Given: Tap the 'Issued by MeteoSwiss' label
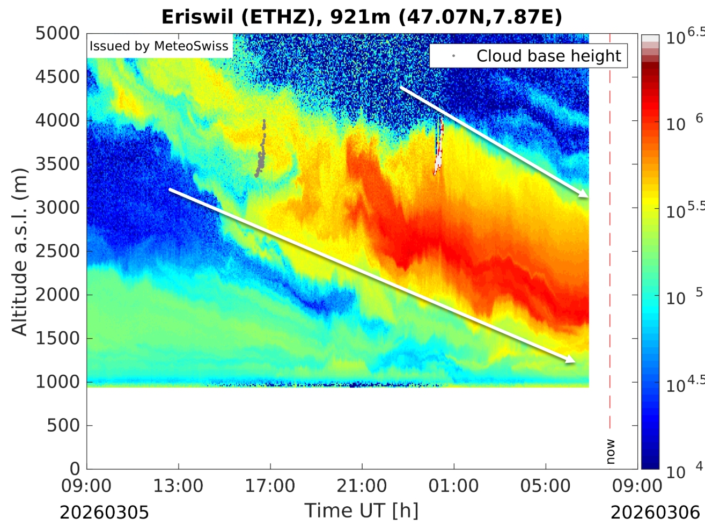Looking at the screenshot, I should pos(159,46).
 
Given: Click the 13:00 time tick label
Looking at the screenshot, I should pos(178,486).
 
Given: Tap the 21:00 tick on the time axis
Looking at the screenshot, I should pos(362,486).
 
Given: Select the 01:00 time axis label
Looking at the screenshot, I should pos(454,486).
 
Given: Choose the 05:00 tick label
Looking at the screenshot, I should pos(546,486).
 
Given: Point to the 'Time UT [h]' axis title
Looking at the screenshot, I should pos(361,510).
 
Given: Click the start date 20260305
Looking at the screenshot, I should pos(104,512).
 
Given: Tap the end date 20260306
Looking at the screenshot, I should pos(656,512).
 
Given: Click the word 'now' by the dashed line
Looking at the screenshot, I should pos(611,451).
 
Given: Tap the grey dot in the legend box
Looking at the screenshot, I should pos(454,56).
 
